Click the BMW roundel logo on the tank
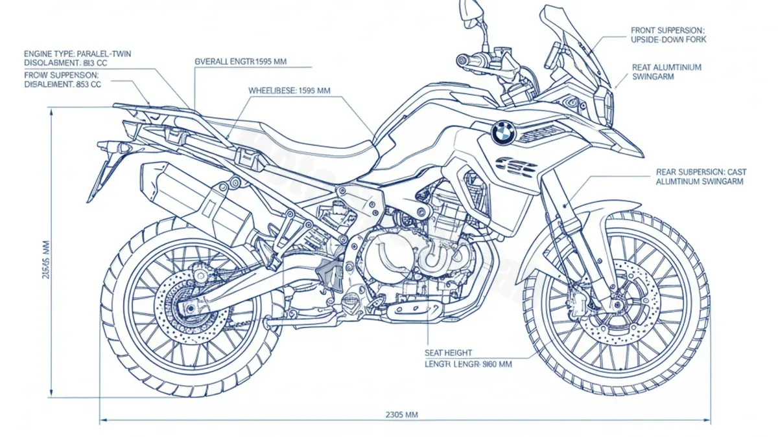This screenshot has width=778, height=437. tap(502, 133)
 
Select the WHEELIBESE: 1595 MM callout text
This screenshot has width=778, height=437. tap(289, 91)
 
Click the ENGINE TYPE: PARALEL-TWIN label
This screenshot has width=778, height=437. tap(77, 54)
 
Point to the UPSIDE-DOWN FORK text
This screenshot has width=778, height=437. tap(668, 40)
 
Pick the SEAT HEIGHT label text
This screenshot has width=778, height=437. tap(449, 352)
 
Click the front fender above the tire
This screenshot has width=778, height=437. tap(587, 214)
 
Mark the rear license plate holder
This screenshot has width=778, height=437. tap(104, 168)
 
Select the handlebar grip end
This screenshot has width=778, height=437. tap(462, 60)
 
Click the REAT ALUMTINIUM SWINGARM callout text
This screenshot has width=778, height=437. tap(666, 71)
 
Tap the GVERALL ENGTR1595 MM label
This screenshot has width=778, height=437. tap(241, 62)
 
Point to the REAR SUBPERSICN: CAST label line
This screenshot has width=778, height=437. tap(701, 172)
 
